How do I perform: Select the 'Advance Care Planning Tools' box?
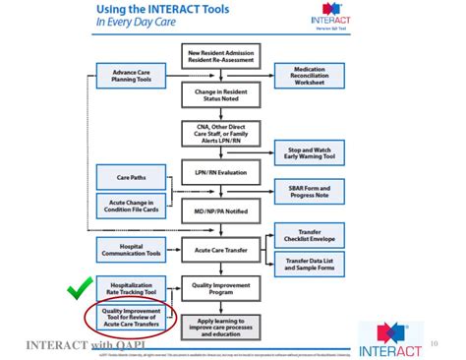coord(131,75)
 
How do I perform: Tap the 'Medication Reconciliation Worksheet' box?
coord(311,75)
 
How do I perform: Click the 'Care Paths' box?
coord(131,179)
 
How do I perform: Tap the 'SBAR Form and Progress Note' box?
coord(311,190)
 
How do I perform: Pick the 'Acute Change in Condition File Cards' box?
coord(131,206)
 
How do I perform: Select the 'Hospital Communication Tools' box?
coord(131,251)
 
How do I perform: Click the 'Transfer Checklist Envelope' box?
coord(311,233)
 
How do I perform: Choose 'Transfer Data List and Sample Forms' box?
coord(311,265)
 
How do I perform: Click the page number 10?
coord(435,343)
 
